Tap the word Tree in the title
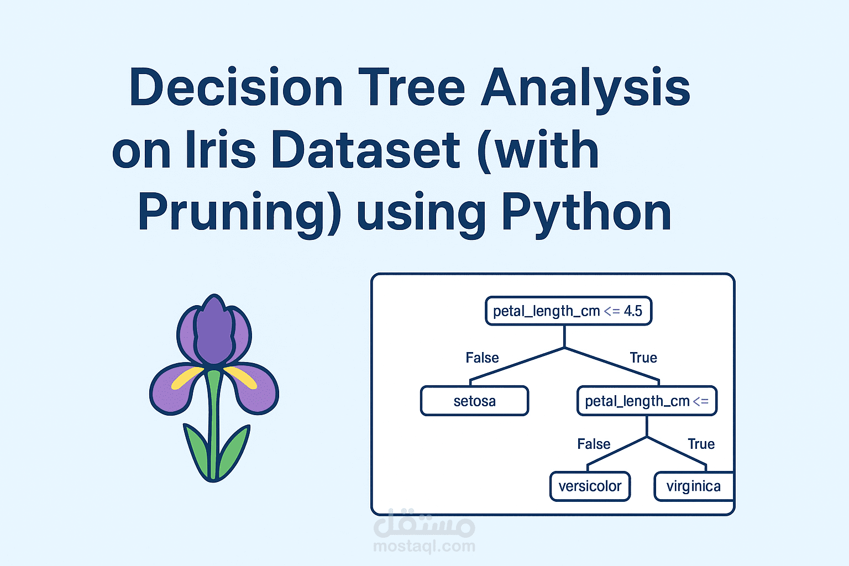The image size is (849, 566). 412,87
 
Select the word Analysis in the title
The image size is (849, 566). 585,90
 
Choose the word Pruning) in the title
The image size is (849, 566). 239,214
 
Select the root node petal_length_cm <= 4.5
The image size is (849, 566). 569,311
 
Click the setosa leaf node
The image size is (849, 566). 475,401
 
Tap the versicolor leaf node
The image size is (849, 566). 590,486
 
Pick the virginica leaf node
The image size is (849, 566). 694,486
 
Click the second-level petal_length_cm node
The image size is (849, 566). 647,401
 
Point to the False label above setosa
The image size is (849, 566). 482,358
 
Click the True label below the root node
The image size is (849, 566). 643,358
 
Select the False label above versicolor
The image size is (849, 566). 594,443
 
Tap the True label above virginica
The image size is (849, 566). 701,443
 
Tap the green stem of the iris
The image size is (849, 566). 213,424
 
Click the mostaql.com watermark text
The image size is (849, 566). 424,546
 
